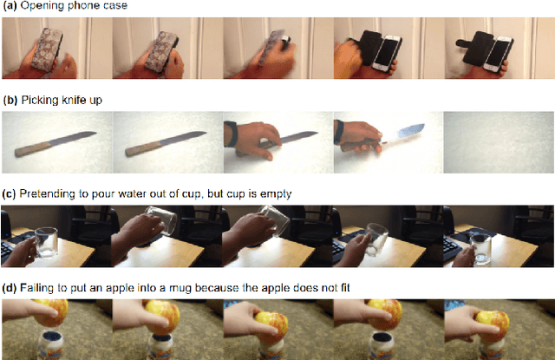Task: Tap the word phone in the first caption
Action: pos(88,7)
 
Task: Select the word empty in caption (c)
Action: pos(277,193)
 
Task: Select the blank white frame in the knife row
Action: pos(498,143)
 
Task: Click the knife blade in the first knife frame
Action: pos(74,139)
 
